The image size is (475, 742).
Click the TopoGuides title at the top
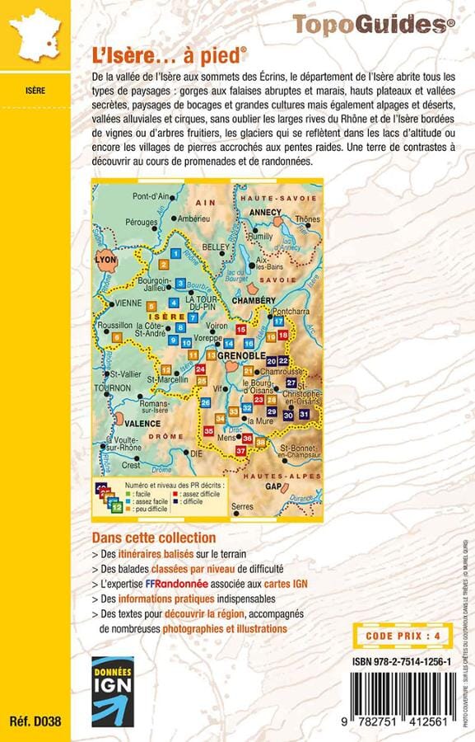coord(373,26)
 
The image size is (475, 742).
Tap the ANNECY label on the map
coord(266,211)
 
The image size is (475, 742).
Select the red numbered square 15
coord(241,330)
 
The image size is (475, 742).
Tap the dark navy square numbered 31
coord(305,413)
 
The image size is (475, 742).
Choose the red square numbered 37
coord(241,451)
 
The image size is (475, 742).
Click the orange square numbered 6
coord(118,336)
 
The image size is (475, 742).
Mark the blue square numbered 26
coord(206,402)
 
